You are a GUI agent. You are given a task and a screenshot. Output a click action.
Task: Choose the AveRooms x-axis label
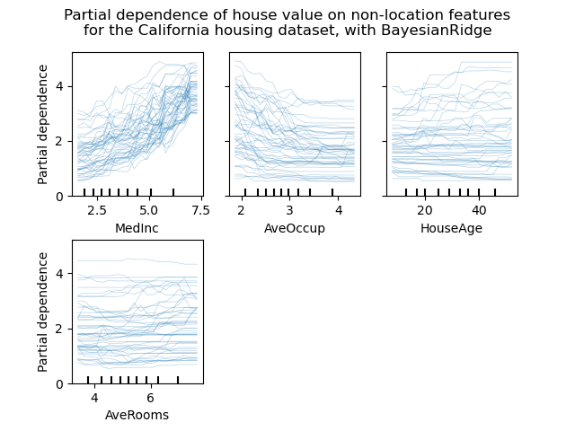[137, 415]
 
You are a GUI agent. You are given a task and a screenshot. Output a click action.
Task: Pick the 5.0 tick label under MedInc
[150, 210]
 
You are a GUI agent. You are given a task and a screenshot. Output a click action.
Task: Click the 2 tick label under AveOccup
[242, 210]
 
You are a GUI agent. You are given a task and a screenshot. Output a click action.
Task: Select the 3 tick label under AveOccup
[289, 210]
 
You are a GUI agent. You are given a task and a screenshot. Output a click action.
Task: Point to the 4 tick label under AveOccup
[338, 210]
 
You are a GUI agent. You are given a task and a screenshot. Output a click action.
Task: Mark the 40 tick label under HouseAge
[479, 210]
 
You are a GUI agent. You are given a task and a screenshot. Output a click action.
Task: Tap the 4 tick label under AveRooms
[94, 398]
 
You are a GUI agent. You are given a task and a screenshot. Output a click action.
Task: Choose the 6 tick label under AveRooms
[150, 398]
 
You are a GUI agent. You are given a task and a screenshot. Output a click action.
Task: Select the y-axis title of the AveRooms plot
[43, 312]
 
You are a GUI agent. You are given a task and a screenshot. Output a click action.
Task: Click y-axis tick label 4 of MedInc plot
[59, 86]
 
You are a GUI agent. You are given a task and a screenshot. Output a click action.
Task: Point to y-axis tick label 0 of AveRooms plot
[59, 383]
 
